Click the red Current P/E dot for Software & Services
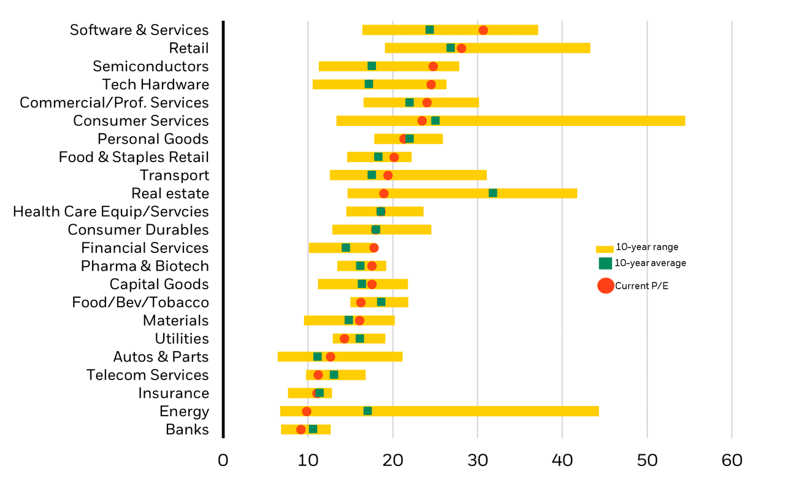483,30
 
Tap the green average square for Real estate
492,193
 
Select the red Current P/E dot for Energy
307,411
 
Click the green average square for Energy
367,411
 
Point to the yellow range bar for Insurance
301,393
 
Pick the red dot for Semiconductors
433,66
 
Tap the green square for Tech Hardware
369,84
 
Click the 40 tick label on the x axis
562,461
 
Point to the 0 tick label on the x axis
223,461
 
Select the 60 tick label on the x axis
732,461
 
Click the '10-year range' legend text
647,247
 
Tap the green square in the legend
605,263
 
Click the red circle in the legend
605,286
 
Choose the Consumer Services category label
140,121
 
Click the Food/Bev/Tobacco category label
140,303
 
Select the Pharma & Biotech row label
145,266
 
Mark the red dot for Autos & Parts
330,357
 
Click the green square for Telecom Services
334,375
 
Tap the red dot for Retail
461,48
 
